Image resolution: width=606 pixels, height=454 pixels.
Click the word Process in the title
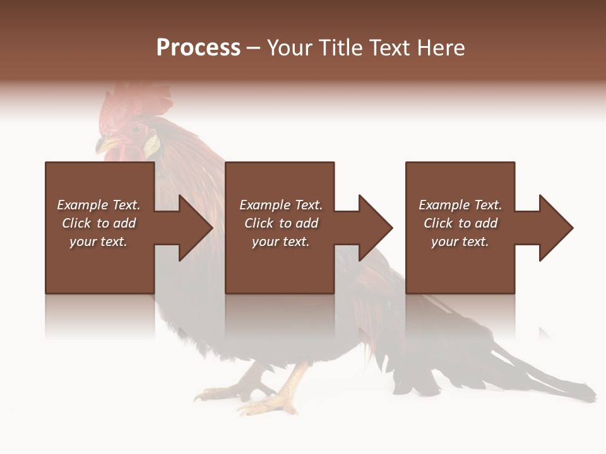(198, 48)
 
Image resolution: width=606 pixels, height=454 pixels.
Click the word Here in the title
(441, 48)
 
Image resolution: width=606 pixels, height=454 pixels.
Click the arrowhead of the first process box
(194, 228)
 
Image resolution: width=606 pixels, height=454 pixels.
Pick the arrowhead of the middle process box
(375, 228)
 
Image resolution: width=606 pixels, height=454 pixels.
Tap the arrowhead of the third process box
(555, 228)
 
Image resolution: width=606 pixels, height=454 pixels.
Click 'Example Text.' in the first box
(98, 205)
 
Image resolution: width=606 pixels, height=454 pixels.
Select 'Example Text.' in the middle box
(281, 205)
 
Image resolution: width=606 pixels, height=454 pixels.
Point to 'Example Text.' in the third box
(460, 205)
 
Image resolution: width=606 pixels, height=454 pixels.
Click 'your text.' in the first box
(98, 242)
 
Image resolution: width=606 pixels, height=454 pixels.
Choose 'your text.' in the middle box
(281, 242)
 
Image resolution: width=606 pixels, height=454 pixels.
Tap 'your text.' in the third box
(460, 242)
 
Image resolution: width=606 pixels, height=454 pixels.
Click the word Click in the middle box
(259, 223)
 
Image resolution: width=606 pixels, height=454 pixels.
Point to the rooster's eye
(137, 129)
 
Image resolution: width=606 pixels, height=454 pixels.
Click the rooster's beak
(102, 146)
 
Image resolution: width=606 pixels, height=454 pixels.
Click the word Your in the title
(290, 48)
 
